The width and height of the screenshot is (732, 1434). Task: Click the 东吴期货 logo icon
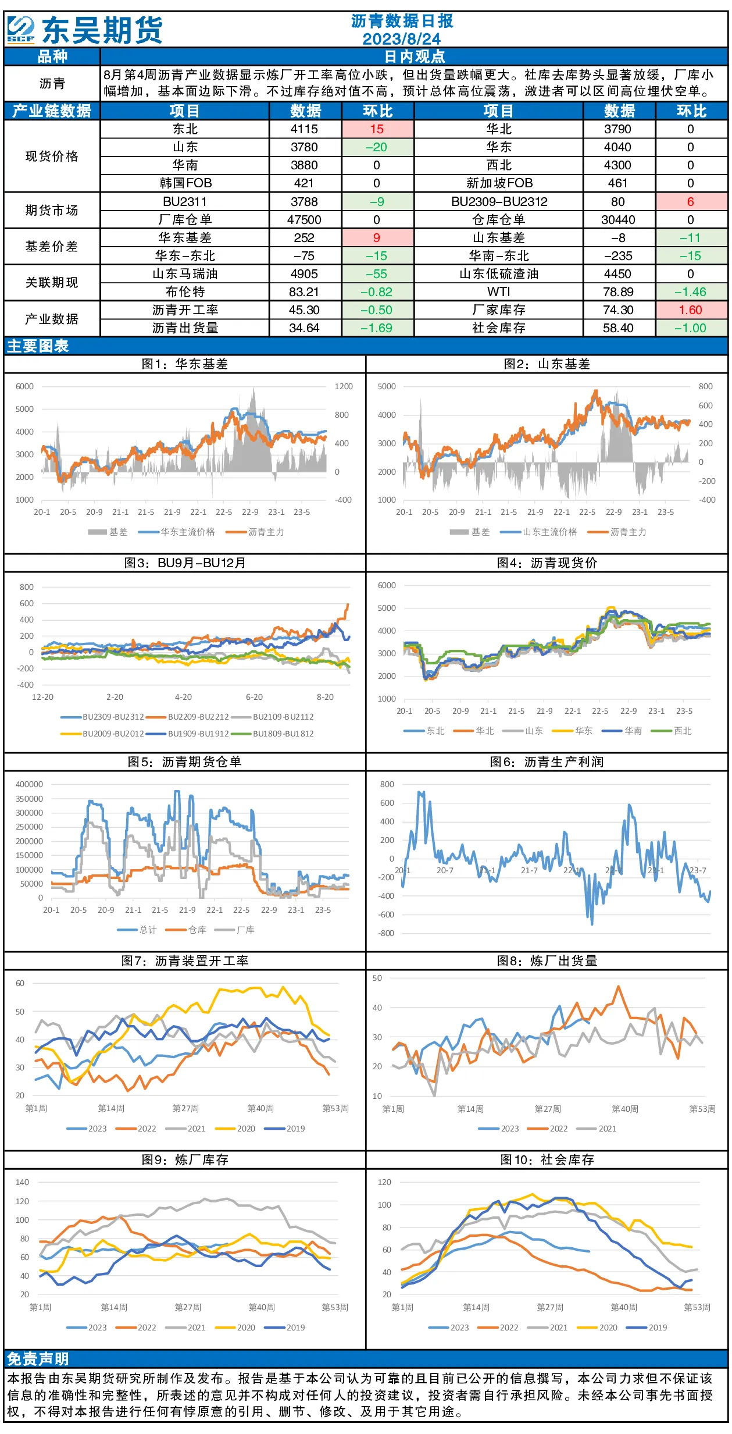tap(21, 30)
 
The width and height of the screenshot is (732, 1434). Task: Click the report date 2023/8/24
tap(401, 39)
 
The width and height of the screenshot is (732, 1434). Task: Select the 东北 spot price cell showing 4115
tap(304, 129)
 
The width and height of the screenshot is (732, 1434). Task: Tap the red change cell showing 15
tap(377, 129)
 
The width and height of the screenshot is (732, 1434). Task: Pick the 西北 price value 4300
tap(617, 165)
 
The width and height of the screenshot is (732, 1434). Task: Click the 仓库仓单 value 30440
tap(617, 220)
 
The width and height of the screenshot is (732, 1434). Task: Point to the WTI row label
tap(499, 292)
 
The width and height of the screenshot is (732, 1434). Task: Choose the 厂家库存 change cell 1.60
tap(691, 310)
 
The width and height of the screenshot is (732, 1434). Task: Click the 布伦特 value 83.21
tap(304, 292)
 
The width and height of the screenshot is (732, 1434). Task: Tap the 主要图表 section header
tap(38, 346)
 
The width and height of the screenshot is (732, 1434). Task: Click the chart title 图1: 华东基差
tap(185, 364)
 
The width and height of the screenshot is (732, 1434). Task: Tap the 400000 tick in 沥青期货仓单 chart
tap(29, 784)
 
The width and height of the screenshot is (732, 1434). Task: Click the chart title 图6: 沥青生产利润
tap(547, 762)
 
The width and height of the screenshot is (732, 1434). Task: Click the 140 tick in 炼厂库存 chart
tap(22, 1182)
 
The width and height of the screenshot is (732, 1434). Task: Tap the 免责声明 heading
tap(38, 1359)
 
